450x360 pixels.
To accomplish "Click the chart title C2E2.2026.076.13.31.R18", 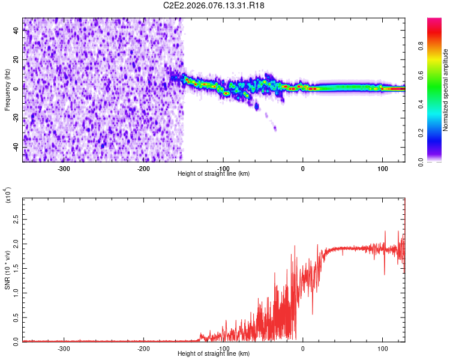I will (214, 5).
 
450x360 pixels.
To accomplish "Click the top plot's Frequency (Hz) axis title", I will (7, 90).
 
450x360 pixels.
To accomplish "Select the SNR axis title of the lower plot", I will (7, 269).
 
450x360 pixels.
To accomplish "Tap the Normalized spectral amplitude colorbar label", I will (446, 90).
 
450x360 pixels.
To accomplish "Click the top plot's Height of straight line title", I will (214, 173).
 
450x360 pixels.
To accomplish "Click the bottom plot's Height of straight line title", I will (214, 354).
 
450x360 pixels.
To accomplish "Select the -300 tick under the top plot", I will (64, 168).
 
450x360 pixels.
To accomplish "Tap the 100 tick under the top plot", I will (382, 168).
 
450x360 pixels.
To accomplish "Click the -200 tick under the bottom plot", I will (143, 348).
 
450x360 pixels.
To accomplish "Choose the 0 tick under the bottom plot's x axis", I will (302, 348).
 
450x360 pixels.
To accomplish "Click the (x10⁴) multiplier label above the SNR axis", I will (8, 196).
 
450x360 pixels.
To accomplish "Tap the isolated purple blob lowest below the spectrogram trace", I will (275, 128).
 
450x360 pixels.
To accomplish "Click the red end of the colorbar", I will (434, 24).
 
